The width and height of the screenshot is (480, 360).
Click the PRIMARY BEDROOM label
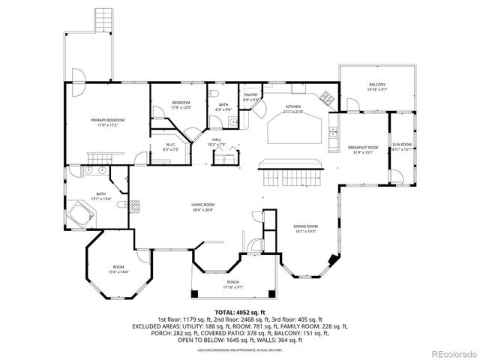[x=107, y=120]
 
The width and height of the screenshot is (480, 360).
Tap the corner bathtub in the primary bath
[x=79, y=211]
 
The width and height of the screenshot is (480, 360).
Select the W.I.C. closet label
[x=171, y=145]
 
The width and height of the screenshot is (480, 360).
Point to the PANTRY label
[x=251, y=95]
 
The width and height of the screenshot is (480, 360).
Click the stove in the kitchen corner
[x=327, y=97]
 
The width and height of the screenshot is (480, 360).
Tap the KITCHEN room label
[x=293, y=107]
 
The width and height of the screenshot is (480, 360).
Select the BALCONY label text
[x=377, y=85]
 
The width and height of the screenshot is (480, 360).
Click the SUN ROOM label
[x=401, y=145]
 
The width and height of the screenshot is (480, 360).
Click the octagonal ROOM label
[x=118, y=266]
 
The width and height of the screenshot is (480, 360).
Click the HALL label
[x=216, y=139]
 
